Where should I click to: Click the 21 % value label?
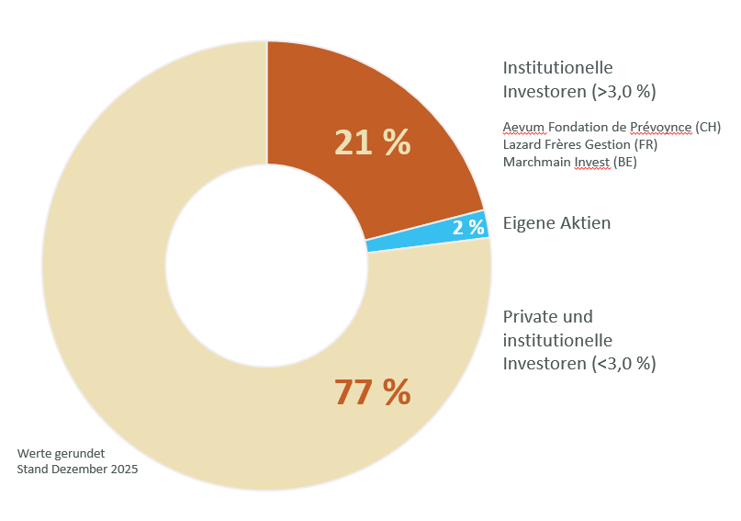(x=372, y=142)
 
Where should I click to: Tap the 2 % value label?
(x=468, y=228)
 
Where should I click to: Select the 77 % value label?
(x=372, y=392)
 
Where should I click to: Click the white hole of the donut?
(x=266, y=266)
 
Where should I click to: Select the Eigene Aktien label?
(x=556, y=223)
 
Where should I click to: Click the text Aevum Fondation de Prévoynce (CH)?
(x=612, y=126)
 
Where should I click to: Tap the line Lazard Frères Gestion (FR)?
(x=580, y=144)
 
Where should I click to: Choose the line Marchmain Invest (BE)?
(x=569, y=163)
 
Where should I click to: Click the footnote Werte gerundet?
(x=61, y=453)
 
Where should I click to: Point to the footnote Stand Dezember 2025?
(x=77, y=470)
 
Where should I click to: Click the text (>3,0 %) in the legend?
(x=624, y=92)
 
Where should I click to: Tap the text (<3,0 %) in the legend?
(x=624, y=364)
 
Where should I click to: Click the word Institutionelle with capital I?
(x=557, y=68)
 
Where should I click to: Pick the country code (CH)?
(x=708, y=126)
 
